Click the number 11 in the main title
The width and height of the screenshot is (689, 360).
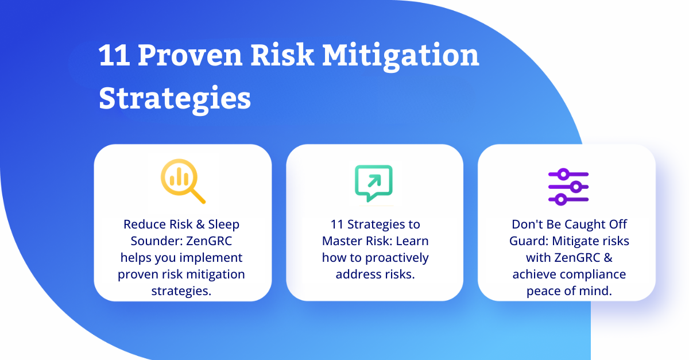(114, 55)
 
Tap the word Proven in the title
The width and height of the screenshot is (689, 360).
(190, 55)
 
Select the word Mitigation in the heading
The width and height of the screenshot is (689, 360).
(401, 57)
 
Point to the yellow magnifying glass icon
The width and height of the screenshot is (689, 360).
(183, 181)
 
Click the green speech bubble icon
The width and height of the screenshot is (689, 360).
(374, 183)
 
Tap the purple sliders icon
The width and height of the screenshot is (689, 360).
(568, 187)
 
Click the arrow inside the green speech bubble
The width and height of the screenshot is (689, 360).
(374, 181)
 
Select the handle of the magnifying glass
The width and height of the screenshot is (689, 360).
(198, 196)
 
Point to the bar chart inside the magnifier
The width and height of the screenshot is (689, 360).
(179, 179)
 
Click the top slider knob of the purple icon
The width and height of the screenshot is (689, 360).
(563, 175)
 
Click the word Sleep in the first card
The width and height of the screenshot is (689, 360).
(223, 224)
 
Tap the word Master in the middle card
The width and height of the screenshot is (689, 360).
(339, 241)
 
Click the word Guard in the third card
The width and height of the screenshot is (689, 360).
(529, 241)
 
